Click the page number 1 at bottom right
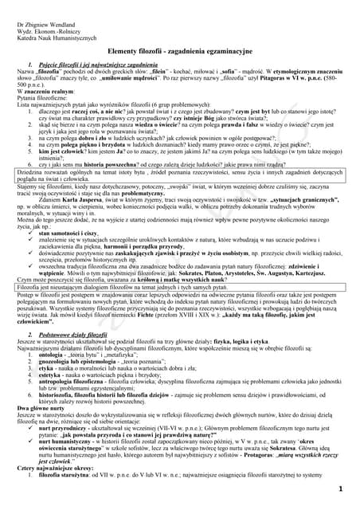(x=340, y=488)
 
